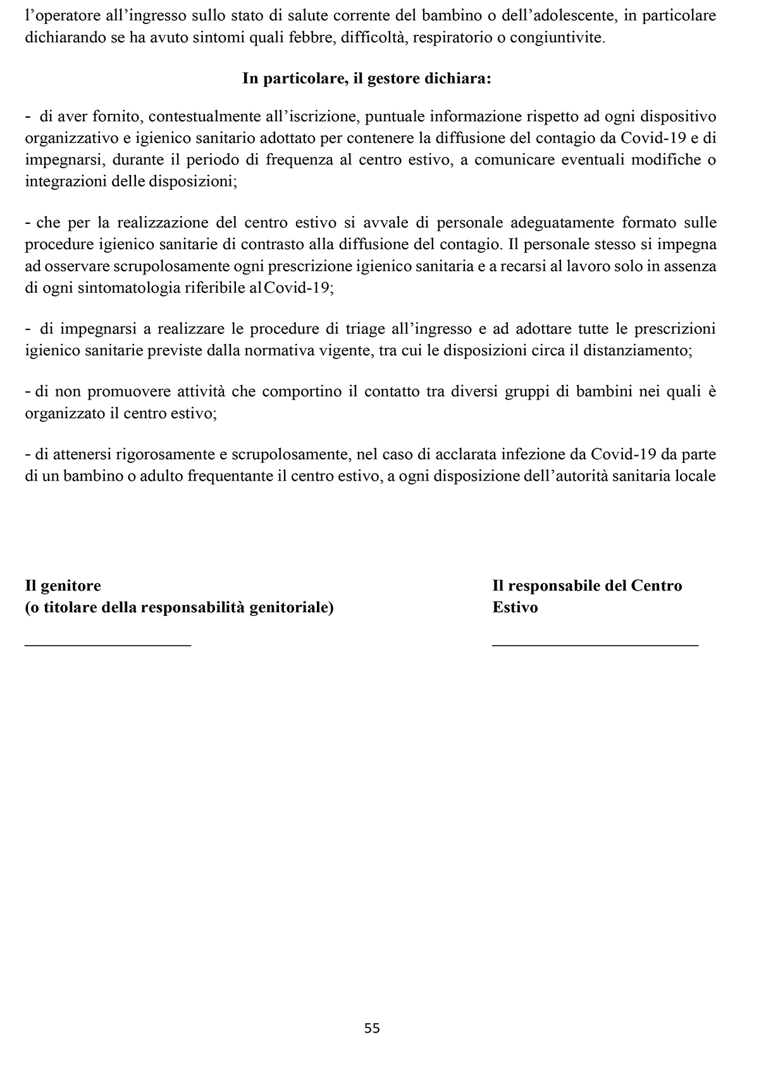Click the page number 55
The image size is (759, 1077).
[372, 1028]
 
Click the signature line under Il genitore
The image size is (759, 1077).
[108, 644]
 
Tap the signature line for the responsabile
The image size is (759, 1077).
[595, 644]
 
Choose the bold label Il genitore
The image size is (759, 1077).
[63, 586]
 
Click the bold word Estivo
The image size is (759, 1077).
[515, 607]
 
